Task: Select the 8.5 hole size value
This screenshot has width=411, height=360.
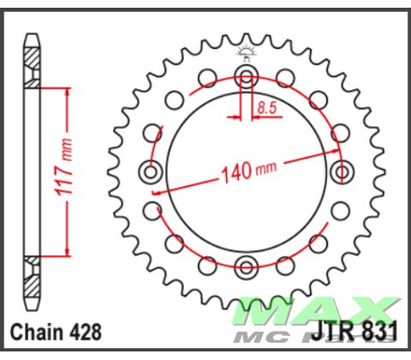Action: coord(265,108)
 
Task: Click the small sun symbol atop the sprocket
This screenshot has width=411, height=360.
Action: coord(247,51)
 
